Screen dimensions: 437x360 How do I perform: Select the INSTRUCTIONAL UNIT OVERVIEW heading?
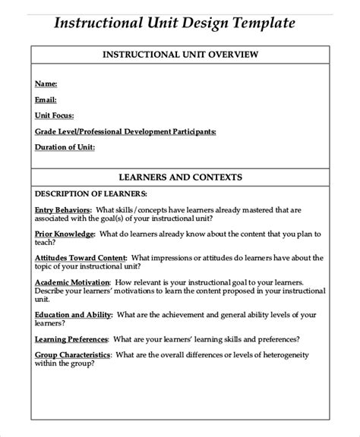click(181, 55)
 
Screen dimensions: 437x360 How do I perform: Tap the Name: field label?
click(46, 83)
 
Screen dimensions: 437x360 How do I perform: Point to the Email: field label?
click(46, 99)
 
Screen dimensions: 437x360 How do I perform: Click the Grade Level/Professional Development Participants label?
click(125, 130)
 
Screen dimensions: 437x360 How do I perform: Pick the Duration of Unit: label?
click(65, 146)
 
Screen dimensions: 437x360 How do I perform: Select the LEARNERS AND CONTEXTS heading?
click(181, 177)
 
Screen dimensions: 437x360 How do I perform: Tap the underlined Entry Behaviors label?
click(63, 209)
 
